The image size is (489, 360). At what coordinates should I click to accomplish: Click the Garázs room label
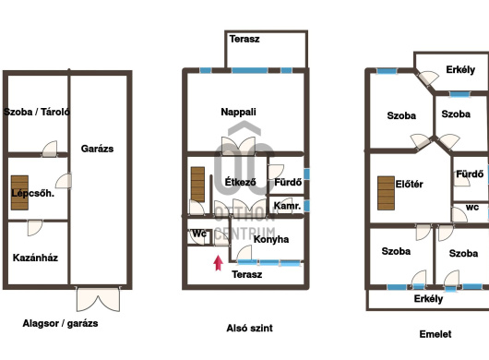click(x=97, y=149)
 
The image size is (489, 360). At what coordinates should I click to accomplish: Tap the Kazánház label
click(x=35, y=258)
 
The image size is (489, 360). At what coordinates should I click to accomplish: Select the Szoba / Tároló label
click(x=37, y=112)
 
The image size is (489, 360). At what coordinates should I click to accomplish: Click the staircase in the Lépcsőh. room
click(x=19, y=193)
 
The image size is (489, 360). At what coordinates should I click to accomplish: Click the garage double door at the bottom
click(x=98, y=299)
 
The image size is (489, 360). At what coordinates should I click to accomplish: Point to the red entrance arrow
click(x=219, y=263)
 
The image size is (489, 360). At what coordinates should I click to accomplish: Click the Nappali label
click(x=238, y=112)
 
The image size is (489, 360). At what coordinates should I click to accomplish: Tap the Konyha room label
click(x=271, y=239)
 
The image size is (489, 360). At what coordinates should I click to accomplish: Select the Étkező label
click(x=241, y=182)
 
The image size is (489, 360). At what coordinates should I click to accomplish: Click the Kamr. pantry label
click(x=287, y=206)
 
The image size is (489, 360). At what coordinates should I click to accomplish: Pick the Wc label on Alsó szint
click(x=199, y=234)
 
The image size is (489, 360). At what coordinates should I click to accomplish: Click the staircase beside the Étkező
click(x=197, y=185)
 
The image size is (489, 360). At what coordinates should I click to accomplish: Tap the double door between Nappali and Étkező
click(x=238, y=146)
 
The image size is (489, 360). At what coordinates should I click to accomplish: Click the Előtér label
click(x=409, y=184)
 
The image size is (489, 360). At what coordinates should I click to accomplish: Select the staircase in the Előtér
click(x=386, y=193)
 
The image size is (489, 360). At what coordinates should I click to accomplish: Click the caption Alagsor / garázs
click(x=60, y=323)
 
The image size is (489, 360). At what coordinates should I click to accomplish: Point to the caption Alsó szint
click(x=249, y=328)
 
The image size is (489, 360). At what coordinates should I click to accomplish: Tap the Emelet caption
click(x=435, y=334)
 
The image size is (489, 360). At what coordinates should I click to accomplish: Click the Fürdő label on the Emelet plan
click(x=470, y=174)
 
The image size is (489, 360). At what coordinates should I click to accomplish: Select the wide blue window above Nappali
click(x=249, y=70)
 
